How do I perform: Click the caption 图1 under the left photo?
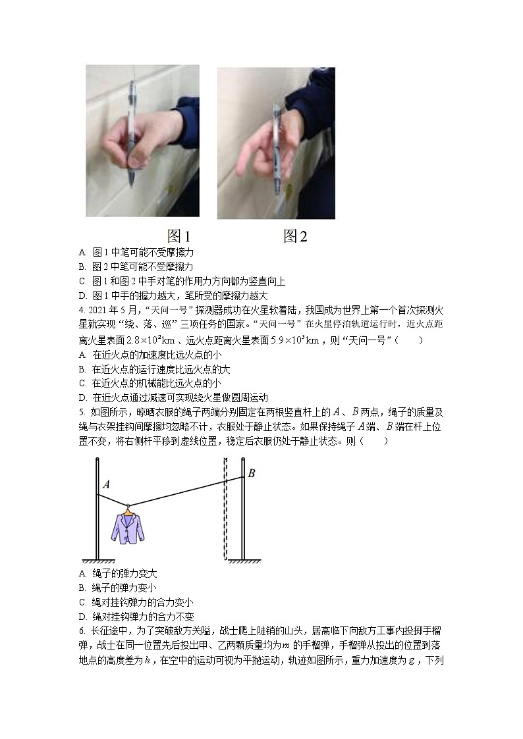click(179, 236)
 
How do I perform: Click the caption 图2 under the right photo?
click(295, 236)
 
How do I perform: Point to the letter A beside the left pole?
click(105, 484)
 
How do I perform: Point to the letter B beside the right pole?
click(251, 472)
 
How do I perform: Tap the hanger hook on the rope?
click(128, 505)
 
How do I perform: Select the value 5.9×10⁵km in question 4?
click(289, 340)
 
